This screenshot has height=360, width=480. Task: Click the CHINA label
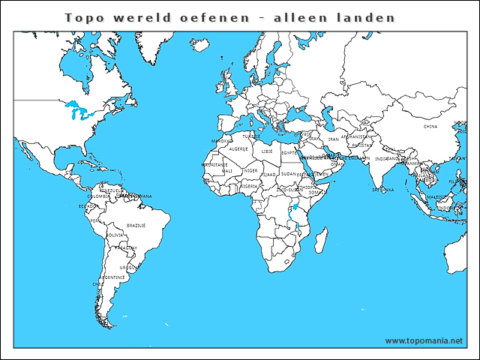430,127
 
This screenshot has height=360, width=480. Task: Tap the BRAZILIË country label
136,225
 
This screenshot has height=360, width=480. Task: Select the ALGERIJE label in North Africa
238,149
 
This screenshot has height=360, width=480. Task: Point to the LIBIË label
268,151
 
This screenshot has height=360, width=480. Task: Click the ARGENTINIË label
114,277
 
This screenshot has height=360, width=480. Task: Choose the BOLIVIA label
115,235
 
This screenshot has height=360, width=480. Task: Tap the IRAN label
334,139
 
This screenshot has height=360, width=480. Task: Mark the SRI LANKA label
382,190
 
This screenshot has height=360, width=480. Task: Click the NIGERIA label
249,185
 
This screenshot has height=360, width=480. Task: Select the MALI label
227,171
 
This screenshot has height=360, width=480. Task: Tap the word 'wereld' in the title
139,17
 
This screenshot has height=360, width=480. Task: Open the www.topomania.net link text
424,340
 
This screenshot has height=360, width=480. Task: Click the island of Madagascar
320,241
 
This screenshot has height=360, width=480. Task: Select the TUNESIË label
252,136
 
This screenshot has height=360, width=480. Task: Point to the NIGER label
250,170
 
